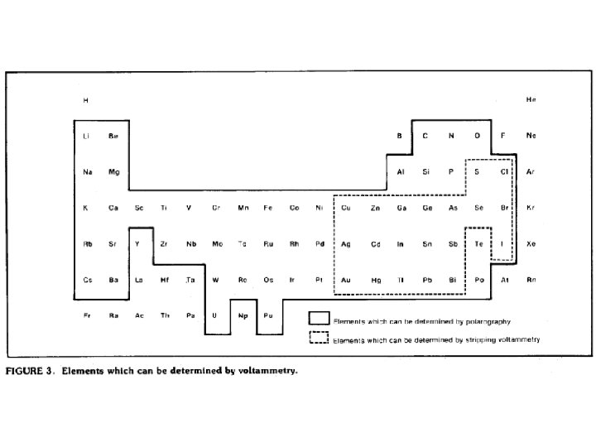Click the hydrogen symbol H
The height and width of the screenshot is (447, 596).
(86, 100)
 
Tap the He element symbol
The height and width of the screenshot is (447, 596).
(531, 100)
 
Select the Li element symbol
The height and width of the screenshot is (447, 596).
(87, 136)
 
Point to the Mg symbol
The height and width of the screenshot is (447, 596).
(113, 171)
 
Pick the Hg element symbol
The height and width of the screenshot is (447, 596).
(376, 280)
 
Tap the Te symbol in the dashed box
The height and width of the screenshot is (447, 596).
(479, 244)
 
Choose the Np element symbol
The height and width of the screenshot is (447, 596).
(243, 315)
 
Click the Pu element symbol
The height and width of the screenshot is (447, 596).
(268, 315)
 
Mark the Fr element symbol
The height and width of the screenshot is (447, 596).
(87, 315)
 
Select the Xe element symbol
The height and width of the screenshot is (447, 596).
(531, 244)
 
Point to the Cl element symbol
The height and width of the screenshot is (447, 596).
(503, 171)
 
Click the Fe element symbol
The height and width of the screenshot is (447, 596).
(267, 208)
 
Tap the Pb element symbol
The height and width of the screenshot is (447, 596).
(427, 280)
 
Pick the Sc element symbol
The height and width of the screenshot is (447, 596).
(139, 208)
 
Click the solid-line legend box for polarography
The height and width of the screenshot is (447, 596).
(319, 319)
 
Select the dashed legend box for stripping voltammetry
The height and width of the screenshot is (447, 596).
(319, 338)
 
